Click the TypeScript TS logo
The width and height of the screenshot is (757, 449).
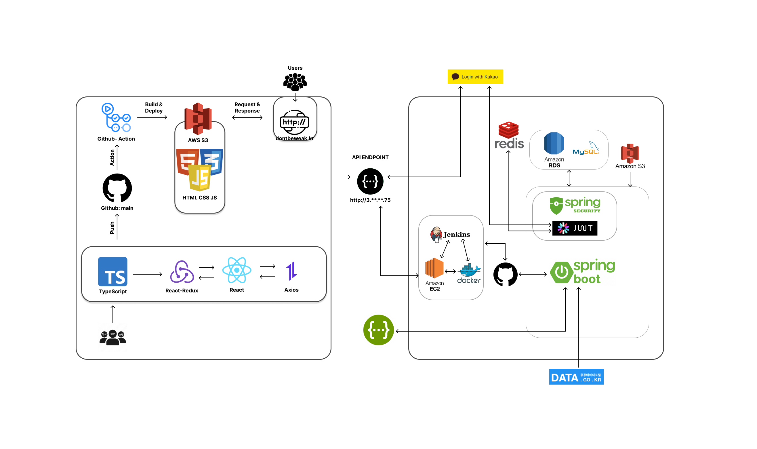pos(112,271)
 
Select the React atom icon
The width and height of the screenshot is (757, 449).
pos(237,270)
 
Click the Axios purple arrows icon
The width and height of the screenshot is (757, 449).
pos(291,271)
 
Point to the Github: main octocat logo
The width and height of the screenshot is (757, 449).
pos(117,188)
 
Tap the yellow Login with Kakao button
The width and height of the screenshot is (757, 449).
pos(475,77)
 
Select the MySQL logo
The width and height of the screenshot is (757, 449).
pos(586,149)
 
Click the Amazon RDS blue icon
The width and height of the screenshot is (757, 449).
pos(554,143)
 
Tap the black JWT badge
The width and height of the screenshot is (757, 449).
pos(574,228)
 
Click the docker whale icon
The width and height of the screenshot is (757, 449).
pos(469,271)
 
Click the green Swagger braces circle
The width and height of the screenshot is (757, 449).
pos(378,330)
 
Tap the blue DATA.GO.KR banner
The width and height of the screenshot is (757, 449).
pos(576,377)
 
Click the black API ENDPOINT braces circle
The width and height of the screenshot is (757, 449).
pos(370,181)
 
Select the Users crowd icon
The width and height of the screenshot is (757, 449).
pos(295,82)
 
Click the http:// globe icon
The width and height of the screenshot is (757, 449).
pos(294,122)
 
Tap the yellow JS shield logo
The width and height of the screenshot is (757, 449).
pos(200,178)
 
